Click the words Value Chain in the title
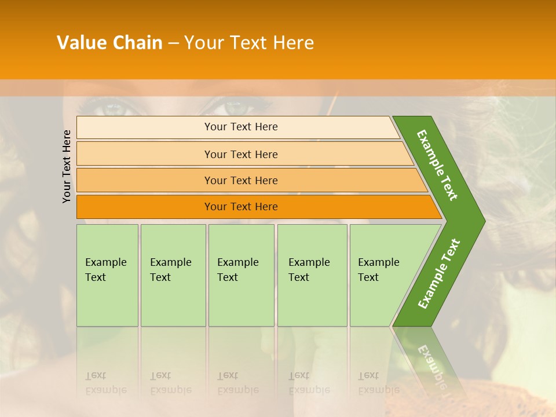(x=109, y=43)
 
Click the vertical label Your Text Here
(x=67, y=166)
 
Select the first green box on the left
(x=107, y=275)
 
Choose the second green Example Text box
(x=173, y=275)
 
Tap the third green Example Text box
(x=241, y=275)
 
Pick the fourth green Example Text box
(x=312, y=275)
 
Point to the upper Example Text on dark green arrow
(x=437, y=165)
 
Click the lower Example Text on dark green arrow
(x=439, y=273)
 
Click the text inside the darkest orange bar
(x=241, y=207)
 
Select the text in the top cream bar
(x=241, y=127)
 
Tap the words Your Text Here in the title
(x=249, y=43)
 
